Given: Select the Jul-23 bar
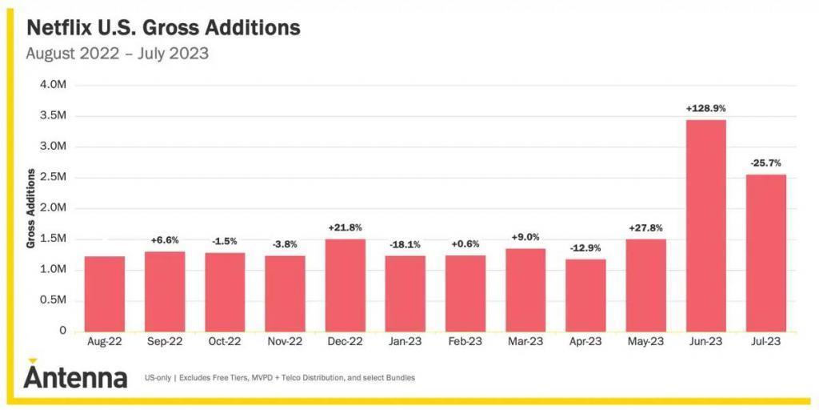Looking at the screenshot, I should pos(765,253).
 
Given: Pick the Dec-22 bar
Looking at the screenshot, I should pos(345,285).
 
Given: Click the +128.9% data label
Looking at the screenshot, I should pos(705,108).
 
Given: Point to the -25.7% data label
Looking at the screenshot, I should pos(765,163).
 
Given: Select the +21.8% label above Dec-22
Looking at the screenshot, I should pos(345,227).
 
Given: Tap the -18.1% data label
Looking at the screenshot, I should pos(405,244).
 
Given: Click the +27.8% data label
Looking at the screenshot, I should pos(645,227).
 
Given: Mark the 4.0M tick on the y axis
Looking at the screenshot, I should pos(51,85).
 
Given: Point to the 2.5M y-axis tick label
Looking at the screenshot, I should pos(51,177).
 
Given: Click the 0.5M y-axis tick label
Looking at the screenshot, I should pos(51,300).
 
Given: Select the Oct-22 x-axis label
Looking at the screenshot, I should pos(225,341).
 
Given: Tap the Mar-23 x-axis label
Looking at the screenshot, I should pos(525,341).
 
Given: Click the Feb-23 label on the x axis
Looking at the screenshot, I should pos(465,341).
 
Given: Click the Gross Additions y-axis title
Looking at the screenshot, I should pos(30,208).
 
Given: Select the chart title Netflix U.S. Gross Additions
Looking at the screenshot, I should pos(163,29).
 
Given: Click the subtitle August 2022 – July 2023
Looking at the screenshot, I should pos(118,54).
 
